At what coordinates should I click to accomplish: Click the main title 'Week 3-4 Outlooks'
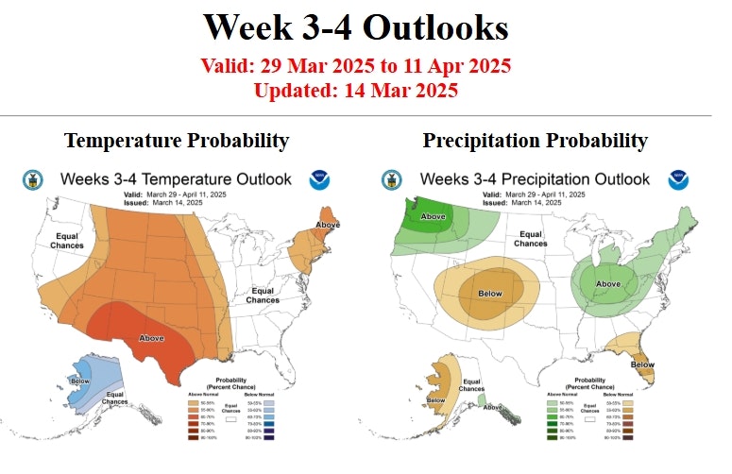click(x=356, y=26)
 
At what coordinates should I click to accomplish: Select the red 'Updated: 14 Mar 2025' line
click(x=356, y=91)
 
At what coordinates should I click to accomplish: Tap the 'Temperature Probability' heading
click(x=177, y=141)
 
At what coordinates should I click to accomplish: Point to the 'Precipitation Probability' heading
click(x=536, y=141)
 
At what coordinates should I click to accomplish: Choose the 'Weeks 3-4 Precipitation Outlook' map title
click(x=535, y=178)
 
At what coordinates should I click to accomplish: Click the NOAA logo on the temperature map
click(x=318, y=179)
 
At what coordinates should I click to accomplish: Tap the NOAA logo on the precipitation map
click(x=677, y=179)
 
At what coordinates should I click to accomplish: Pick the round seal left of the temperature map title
click(x=29, y=178)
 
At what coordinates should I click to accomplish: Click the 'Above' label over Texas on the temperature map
click(x=150, y=337)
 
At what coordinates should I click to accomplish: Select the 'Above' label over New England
click(x=328, y=224)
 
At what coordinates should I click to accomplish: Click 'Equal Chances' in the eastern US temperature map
click(x=263, y=295)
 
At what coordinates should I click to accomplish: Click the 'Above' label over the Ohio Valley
click(x=608, y=284)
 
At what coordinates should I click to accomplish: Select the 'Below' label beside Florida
click(x=642, y=364)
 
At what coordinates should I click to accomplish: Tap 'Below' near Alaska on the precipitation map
click(x=436, y=400)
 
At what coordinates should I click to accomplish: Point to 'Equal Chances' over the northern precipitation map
click(x=530, y=238)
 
